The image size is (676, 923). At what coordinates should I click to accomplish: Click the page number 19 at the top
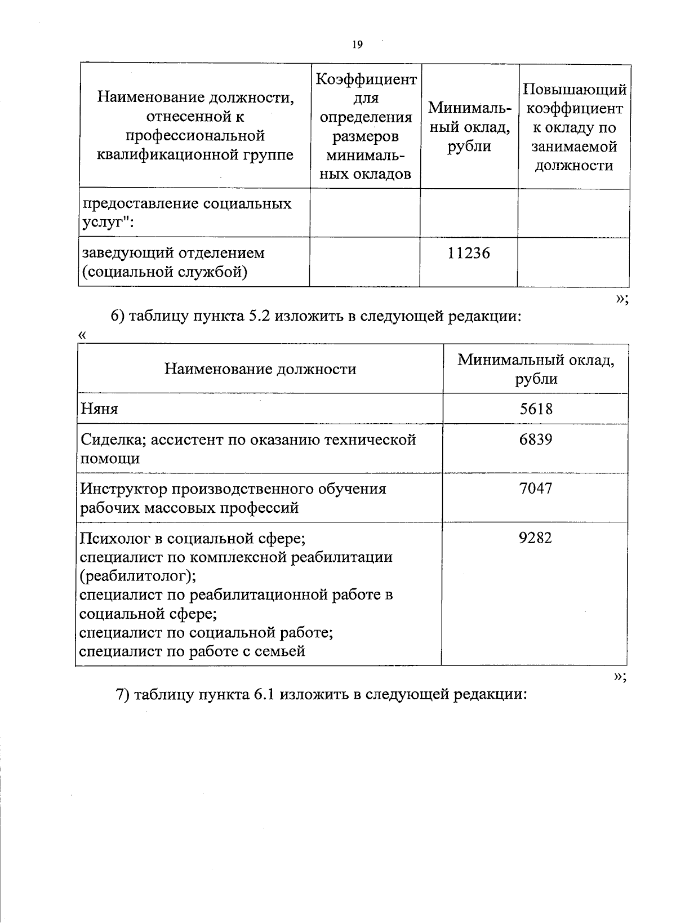pos(357,45)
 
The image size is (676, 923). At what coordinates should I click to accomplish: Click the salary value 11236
pos(469,254)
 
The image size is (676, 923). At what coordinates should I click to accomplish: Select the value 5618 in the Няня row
pos(536,409)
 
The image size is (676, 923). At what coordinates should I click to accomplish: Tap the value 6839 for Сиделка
pos(536,439)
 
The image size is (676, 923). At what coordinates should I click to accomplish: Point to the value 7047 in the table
pos(536,488)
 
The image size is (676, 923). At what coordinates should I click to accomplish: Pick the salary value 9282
pos(536,538)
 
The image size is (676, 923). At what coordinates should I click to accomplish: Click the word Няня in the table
pos(99,409)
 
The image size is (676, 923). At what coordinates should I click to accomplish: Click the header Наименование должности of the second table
pos(260,369)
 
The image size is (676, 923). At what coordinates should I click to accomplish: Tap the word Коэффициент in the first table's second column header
pos(366,79)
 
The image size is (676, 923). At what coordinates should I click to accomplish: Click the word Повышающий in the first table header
pos(574,90)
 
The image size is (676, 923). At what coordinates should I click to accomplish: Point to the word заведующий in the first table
pos(125,253)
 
